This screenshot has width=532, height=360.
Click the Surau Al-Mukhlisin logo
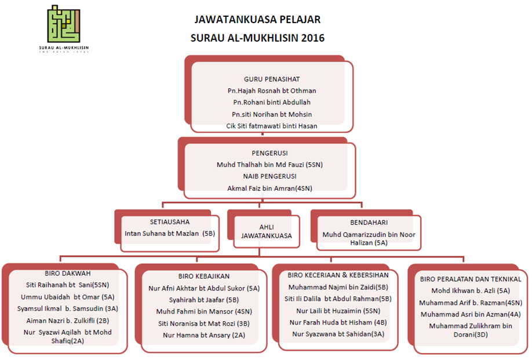click(x=64, y=26)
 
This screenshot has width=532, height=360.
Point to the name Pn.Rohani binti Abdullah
click(x=272, y=103)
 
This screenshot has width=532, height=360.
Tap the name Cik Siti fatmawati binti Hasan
click(x=272, y=126)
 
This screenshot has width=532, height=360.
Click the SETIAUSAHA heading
click(x=170, y=221)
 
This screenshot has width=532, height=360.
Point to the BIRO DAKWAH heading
click(x=67, y=274)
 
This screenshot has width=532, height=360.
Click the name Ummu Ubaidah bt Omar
click(x=67, y=297)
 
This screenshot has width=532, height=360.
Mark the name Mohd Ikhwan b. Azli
click(x=471, y=291)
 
